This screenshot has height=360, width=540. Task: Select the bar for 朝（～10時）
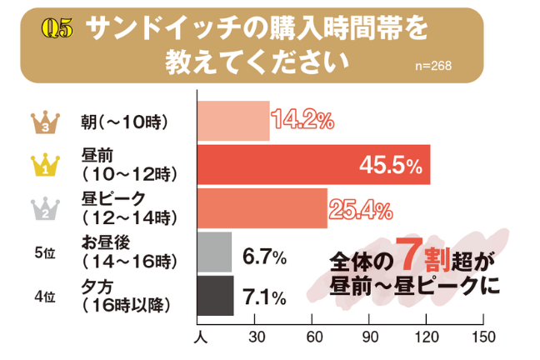(233, 122)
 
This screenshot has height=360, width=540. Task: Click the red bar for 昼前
(312, 165)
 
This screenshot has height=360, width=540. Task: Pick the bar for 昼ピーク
(262, 208)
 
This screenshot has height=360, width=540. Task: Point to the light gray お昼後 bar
(213, 252)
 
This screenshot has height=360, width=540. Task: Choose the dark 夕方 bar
(214, 295)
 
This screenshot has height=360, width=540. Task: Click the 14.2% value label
(302, 120)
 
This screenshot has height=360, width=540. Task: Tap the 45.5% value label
(390, 167)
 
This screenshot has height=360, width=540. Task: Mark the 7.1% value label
(264, 297)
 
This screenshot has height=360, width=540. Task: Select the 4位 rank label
(45, 297)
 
